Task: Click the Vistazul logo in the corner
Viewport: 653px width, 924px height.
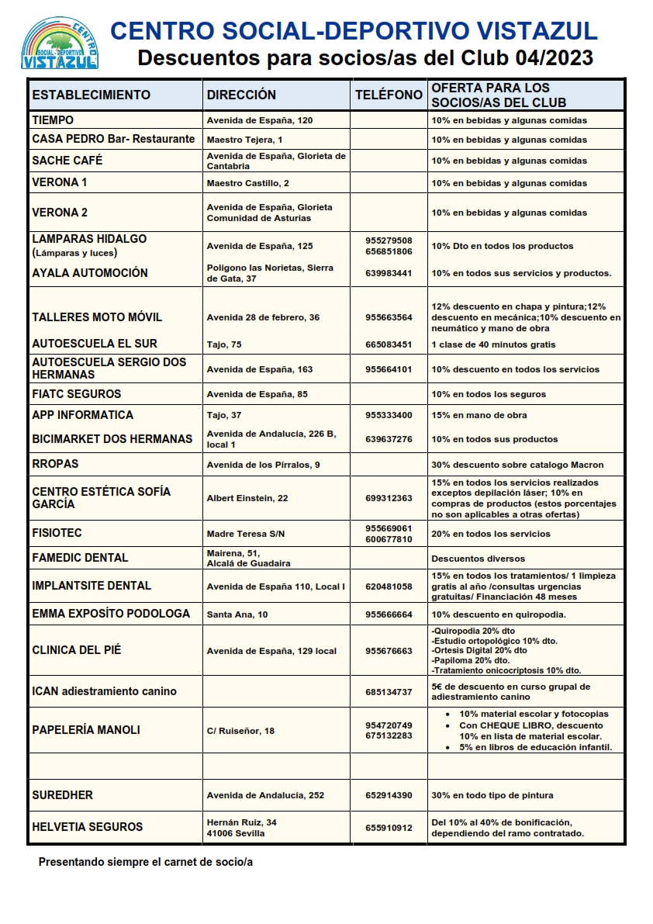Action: (59, 43)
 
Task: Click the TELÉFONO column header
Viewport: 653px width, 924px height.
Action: (389, 95)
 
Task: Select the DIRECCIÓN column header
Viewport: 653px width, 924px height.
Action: (241, 95)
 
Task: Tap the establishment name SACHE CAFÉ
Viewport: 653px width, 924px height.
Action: (67, 161)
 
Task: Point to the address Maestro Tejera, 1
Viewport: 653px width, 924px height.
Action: (244, 140)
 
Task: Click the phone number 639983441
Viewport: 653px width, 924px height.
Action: (389, 273)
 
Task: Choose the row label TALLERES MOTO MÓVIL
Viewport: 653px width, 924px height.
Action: (97, 317)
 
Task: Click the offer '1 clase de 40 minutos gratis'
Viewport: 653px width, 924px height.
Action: (493, 344)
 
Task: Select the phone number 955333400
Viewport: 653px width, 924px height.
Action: (389, 415)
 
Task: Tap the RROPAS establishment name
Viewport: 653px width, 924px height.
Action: (55, 464)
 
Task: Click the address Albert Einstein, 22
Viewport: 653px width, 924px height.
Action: (247, 498)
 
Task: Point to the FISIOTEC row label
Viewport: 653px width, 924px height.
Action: (57, 534)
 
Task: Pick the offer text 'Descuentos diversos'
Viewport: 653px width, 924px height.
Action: (478, 559)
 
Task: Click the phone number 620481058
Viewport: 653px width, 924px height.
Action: (389, 587)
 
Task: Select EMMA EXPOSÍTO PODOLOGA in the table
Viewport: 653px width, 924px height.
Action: (111, 614)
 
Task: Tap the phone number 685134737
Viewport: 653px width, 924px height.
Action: (389, 691)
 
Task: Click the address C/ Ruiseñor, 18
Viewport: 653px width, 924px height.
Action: (240, 731)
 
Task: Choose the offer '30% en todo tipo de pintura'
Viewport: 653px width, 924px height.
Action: (492, 795)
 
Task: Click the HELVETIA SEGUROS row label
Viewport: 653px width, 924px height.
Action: (88, 827)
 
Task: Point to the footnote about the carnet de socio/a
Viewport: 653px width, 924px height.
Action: (146, 862)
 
